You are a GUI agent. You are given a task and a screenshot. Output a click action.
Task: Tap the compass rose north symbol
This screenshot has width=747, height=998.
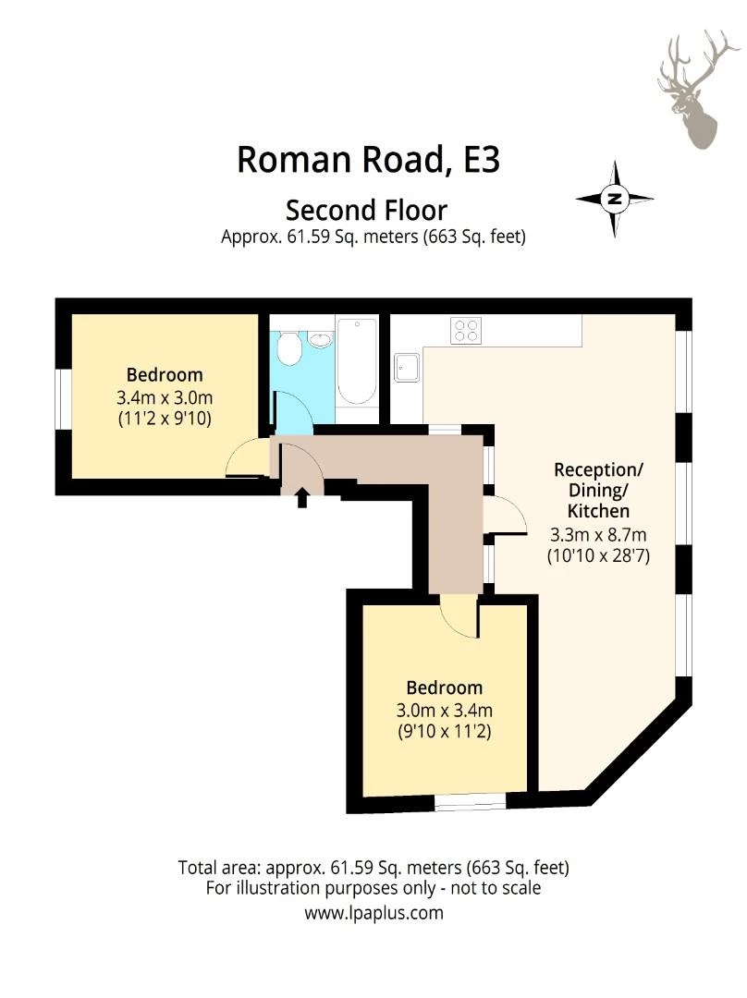(615, 199)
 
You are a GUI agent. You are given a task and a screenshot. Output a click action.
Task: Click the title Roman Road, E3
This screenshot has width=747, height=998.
(368, 159)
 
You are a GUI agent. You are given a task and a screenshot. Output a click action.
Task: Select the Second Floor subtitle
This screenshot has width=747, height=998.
(366, 210)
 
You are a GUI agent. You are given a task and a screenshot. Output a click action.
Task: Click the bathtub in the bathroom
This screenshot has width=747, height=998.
(356, 361)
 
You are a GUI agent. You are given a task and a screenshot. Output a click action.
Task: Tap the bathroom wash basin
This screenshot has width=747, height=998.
(320, 339)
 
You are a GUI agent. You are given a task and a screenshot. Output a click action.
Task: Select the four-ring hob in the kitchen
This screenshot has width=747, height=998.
(465, 330)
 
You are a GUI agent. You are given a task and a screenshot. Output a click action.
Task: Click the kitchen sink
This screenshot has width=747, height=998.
(407, 368)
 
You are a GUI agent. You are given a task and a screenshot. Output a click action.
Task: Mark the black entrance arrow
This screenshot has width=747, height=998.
(301, 498)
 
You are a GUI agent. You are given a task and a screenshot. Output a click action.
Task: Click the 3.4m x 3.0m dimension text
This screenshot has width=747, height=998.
(165, 397)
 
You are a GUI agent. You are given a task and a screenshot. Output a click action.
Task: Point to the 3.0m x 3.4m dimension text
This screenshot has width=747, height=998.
(445, 711)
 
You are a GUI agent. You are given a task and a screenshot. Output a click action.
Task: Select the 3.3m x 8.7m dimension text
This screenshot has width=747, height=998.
(598, 534)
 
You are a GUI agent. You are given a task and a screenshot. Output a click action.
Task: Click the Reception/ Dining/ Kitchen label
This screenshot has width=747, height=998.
(598, 490)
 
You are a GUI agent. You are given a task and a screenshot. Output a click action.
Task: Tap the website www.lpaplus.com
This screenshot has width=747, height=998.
(373, 913)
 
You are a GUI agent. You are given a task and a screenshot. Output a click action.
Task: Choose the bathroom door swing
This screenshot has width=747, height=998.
(294, 412)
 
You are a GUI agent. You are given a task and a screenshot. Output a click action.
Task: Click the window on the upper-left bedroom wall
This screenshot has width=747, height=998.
(61, 399)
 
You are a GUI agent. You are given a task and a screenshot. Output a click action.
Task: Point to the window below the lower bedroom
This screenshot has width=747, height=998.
(470, 803)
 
